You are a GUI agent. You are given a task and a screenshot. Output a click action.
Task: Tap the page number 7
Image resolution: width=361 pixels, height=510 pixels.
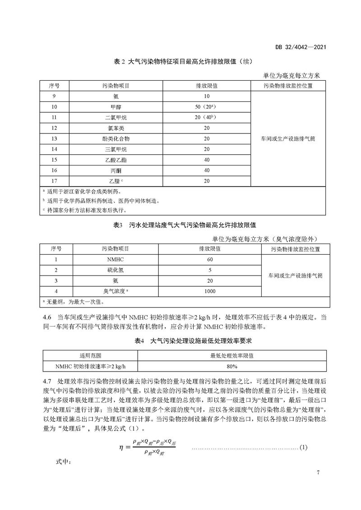tap(318, 472)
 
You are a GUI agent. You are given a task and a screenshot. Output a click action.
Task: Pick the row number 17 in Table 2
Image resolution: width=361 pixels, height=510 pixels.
tap(56, 181)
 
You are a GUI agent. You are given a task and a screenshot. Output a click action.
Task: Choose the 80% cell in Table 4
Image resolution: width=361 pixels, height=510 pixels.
tap(231, 366)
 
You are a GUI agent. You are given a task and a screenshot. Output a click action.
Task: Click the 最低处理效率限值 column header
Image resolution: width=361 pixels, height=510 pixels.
tap(231, 355)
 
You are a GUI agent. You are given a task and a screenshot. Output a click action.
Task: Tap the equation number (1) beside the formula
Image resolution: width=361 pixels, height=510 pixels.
tap(303, 448)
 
